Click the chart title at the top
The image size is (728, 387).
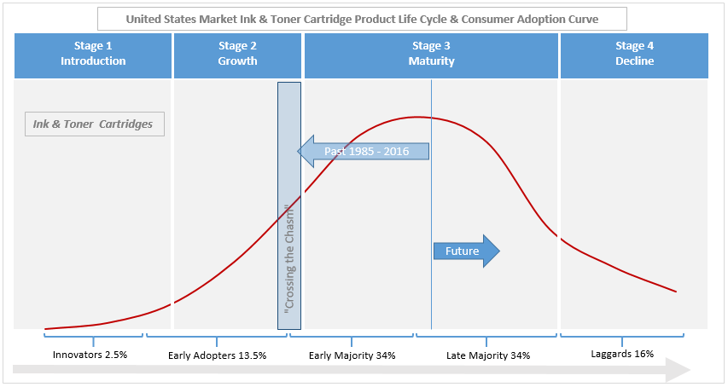point(362,18)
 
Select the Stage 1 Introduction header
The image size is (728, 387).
point(93,54)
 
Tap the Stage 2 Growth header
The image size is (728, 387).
point(237,54)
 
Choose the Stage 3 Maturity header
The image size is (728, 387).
point(431,54)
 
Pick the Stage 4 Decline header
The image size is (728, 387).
point(634,54)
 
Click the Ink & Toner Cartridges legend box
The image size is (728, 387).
point(94,124)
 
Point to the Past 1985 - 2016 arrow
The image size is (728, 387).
point(363,152)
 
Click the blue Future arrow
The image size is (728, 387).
point(466,251)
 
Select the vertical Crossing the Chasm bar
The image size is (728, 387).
point(289,205)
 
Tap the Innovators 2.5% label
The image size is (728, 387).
point(90,355)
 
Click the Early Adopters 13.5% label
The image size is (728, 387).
point(217,355)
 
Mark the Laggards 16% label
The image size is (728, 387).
point(622,353)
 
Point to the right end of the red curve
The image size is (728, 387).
point(676,292)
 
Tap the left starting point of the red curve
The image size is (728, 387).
point(45,328)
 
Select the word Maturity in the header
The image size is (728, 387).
point(431,61)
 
